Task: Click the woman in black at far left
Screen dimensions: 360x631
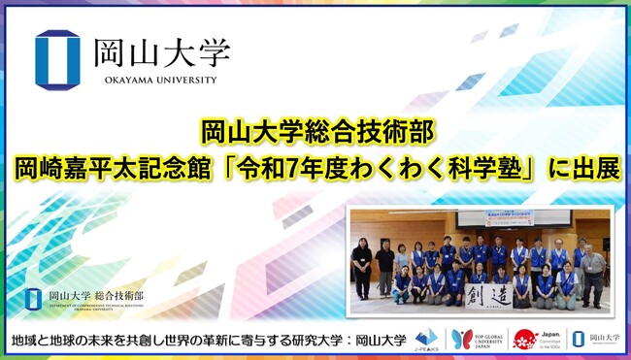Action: point(362,264)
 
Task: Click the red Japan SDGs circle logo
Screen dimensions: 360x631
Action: point(524,340)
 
